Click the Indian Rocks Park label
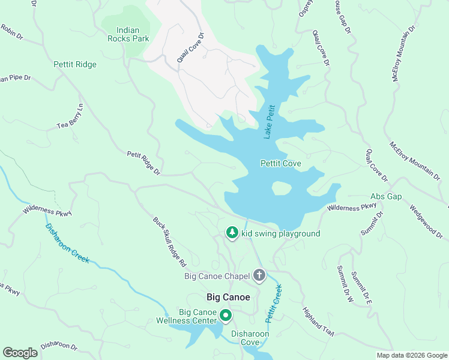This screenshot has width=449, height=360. (x=132, y=34)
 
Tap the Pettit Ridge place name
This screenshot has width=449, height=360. (x=74, y=64)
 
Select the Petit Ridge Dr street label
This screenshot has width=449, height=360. (x=143, y=163)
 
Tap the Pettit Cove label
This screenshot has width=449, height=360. (x=280, y=163)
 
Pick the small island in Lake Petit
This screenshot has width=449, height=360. (x=281, y=188)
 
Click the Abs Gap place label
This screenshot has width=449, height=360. (x=386, y=196)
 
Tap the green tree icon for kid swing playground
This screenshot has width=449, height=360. (x=232, y=232)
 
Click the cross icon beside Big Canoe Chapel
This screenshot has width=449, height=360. (x=259, y=275)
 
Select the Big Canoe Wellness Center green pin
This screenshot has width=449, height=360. (x=226, y=315)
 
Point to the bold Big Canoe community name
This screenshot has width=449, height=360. (x=228, y=297)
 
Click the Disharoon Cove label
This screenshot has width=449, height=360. (x=250, y=338)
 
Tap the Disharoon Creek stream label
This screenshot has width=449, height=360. (x=67, y=243)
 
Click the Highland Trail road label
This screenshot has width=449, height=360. (x=317, y=321)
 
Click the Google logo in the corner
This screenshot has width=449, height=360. (x=20, y=352)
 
